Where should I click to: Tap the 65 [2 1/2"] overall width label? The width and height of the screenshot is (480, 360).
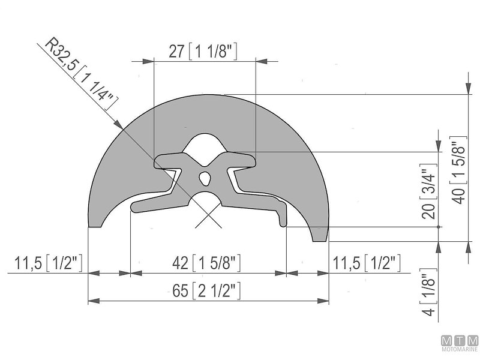pyautogui.click(x=207, y=292)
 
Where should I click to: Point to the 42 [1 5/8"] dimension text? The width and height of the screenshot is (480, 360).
pyautogui.click(x=207, y=263)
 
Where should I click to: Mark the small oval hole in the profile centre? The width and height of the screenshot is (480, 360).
pyautogui.click(x=205, y=178)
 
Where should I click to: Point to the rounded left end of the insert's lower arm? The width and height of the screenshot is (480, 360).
pyautogui.click(x=135, y=207)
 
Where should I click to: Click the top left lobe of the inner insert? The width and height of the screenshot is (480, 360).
pyautogui.click(x=165, y=161)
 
